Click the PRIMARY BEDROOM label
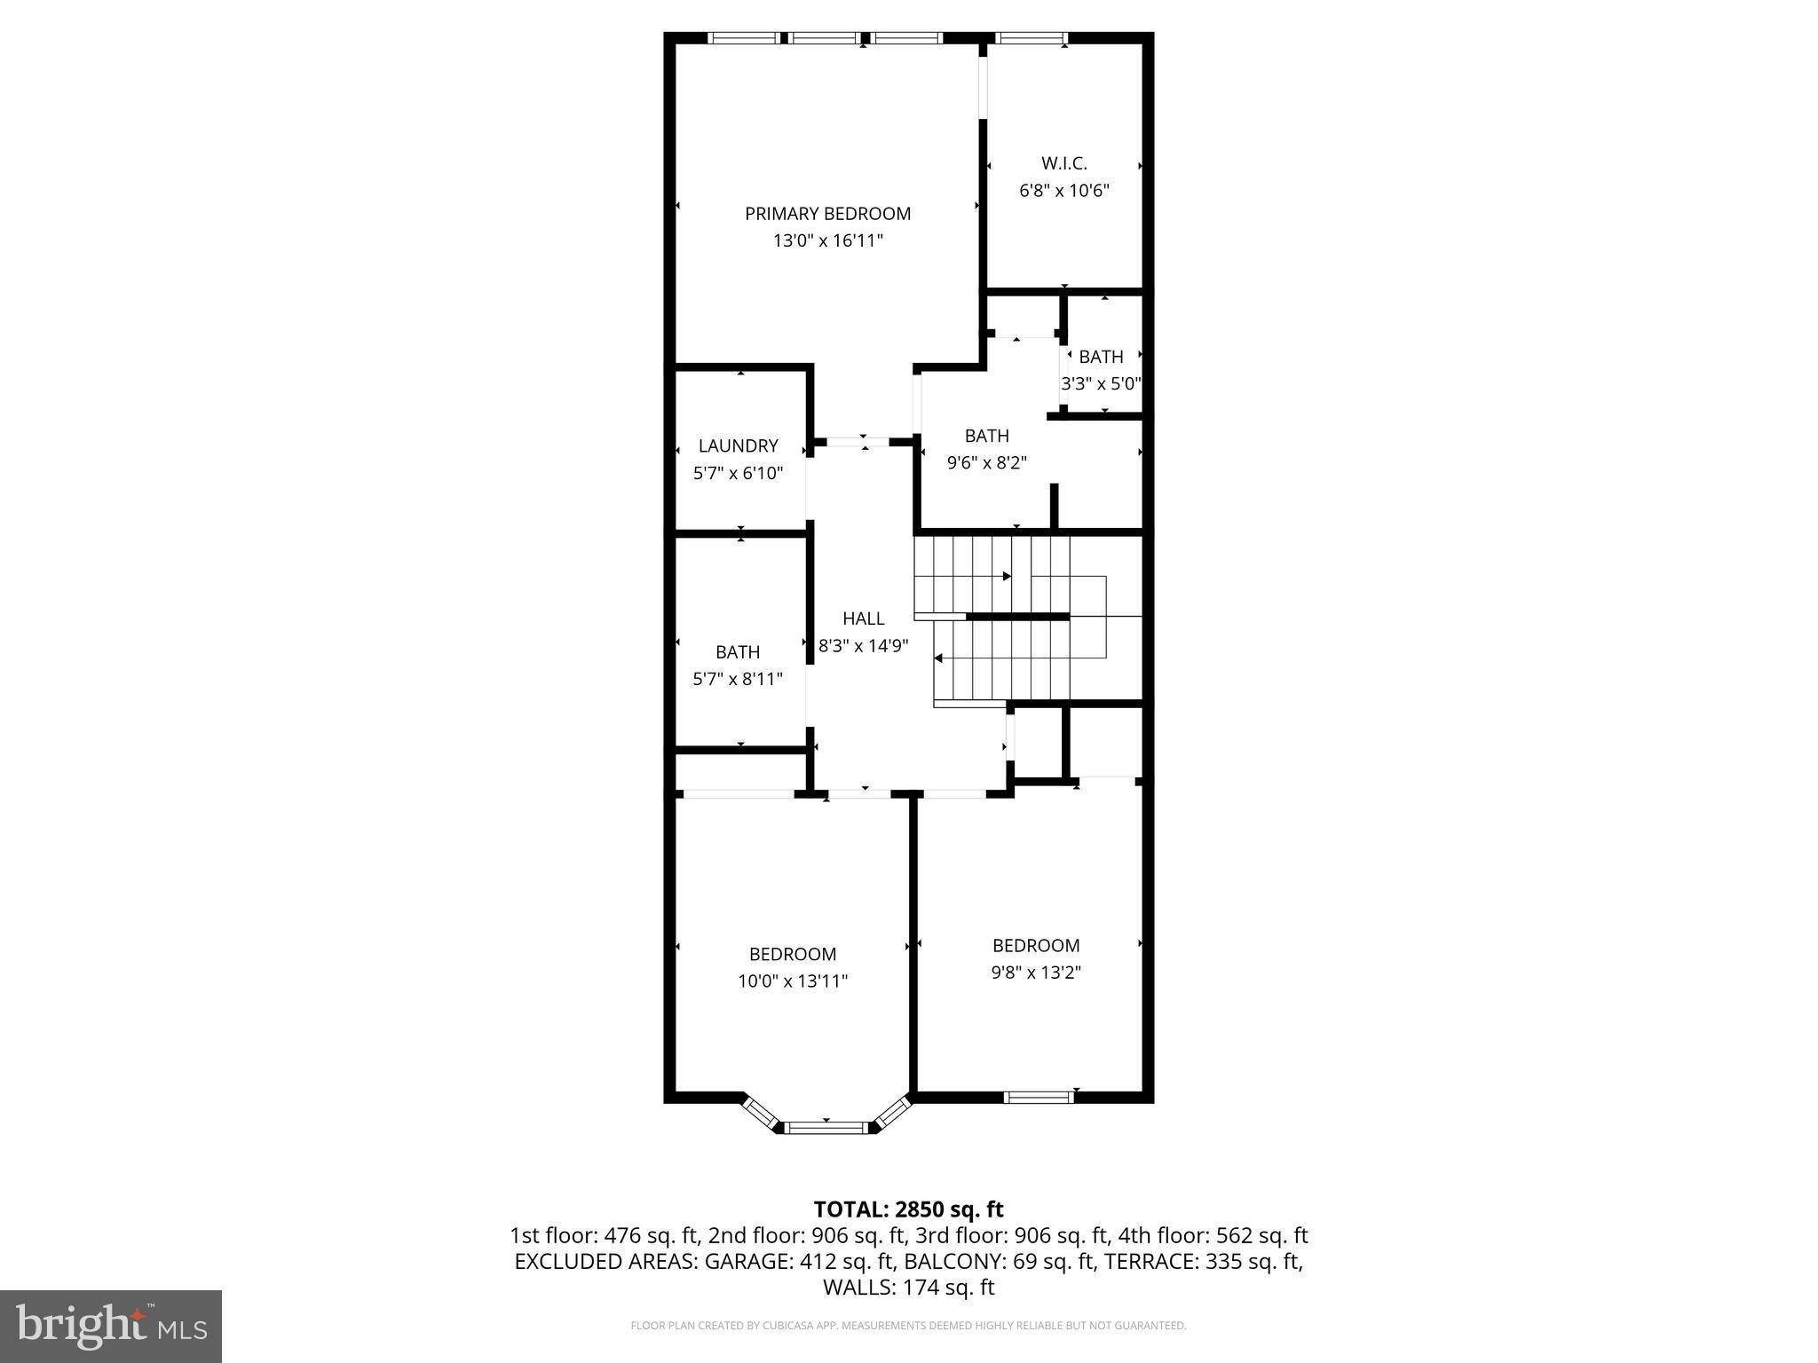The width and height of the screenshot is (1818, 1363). coord(827,214)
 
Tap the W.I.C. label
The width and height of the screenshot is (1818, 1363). coord(1063,163)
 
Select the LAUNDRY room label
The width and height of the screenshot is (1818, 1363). coord(738,446)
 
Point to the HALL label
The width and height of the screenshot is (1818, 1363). coord(863,618)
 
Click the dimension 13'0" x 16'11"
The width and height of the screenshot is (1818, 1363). coord(827,240)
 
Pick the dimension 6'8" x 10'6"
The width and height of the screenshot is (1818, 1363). coord(1063,191)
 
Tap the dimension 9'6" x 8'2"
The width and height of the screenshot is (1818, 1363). coord(986,462)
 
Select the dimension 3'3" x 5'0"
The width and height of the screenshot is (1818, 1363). coord(1101,384)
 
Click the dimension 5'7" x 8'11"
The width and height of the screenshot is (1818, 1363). coord(738,680)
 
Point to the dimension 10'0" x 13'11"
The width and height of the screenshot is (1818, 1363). coord(793,981)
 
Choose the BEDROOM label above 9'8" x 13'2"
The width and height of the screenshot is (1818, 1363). coord(1036,946)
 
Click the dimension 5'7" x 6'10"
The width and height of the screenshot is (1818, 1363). coord(738,473)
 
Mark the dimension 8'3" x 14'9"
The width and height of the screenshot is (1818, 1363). coord(863,646)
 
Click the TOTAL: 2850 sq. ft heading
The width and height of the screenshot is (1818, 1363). coord(908,1209)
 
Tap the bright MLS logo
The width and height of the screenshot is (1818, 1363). coord(111,1326)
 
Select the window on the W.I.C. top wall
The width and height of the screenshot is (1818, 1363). coord(1031,38)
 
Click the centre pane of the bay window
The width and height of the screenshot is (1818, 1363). coord(826,1128)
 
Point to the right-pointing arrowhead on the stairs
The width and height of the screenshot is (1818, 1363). coord(1007,577)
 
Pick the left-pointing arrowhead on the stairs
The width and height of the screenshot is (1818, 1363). coord(938,658)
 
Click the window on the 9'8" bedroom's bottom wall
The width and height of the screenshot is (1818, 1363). coord(1038,1098)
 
